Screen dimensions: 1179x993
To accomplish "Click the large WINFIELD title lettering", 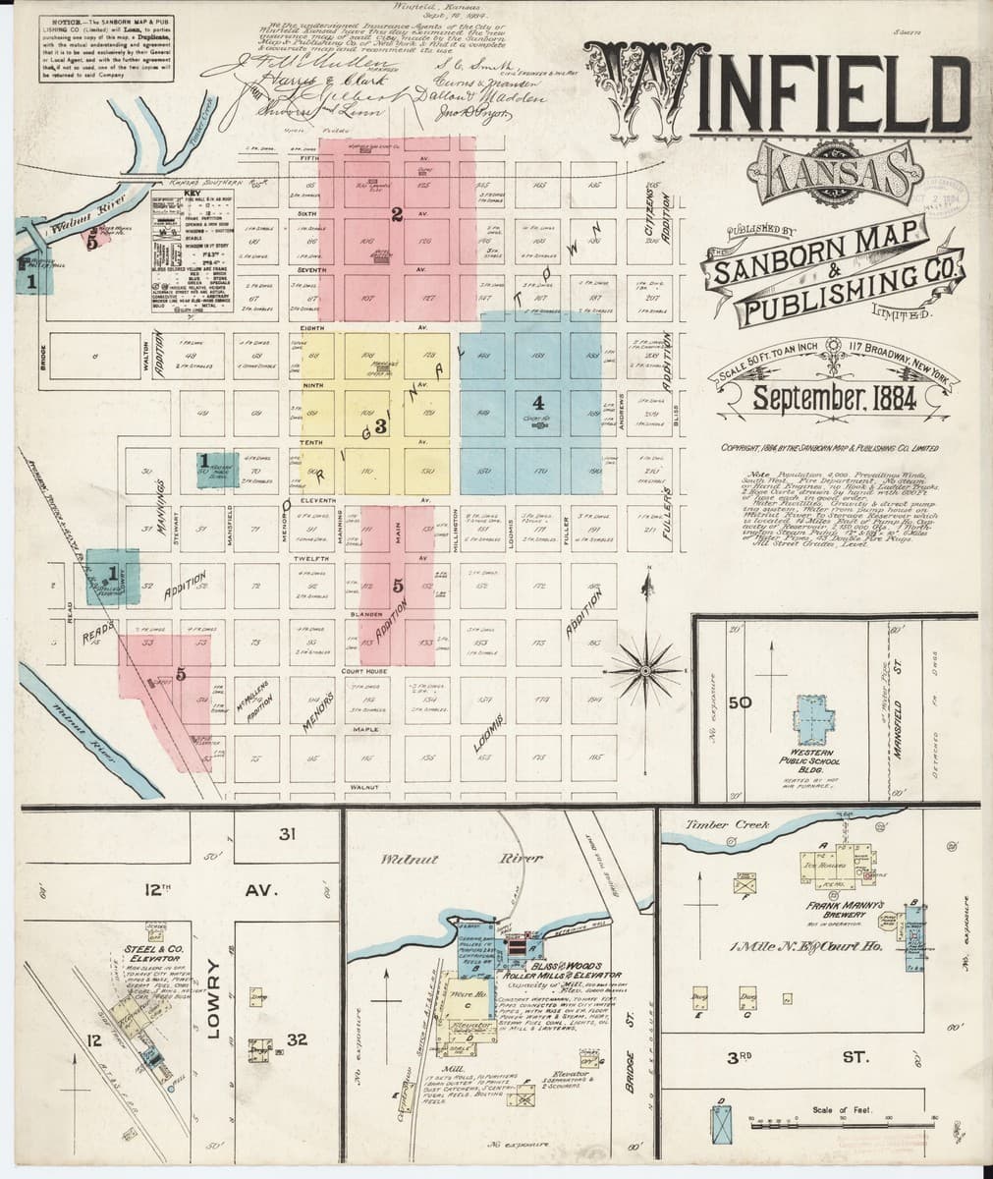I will pos(786,93).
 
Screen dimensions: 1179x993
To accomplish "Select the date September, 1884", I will pos(834,400).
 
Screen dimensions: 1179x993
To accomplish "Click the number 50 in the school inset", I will pos(740,702).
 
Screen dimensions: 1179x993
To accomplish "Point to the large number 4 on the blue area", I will pos(537,403).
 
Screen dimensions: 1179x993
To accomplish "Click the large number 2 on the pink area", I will pos(396,215).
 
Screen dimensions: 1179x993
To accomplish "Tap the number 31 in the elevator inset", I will pos(286,835).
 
